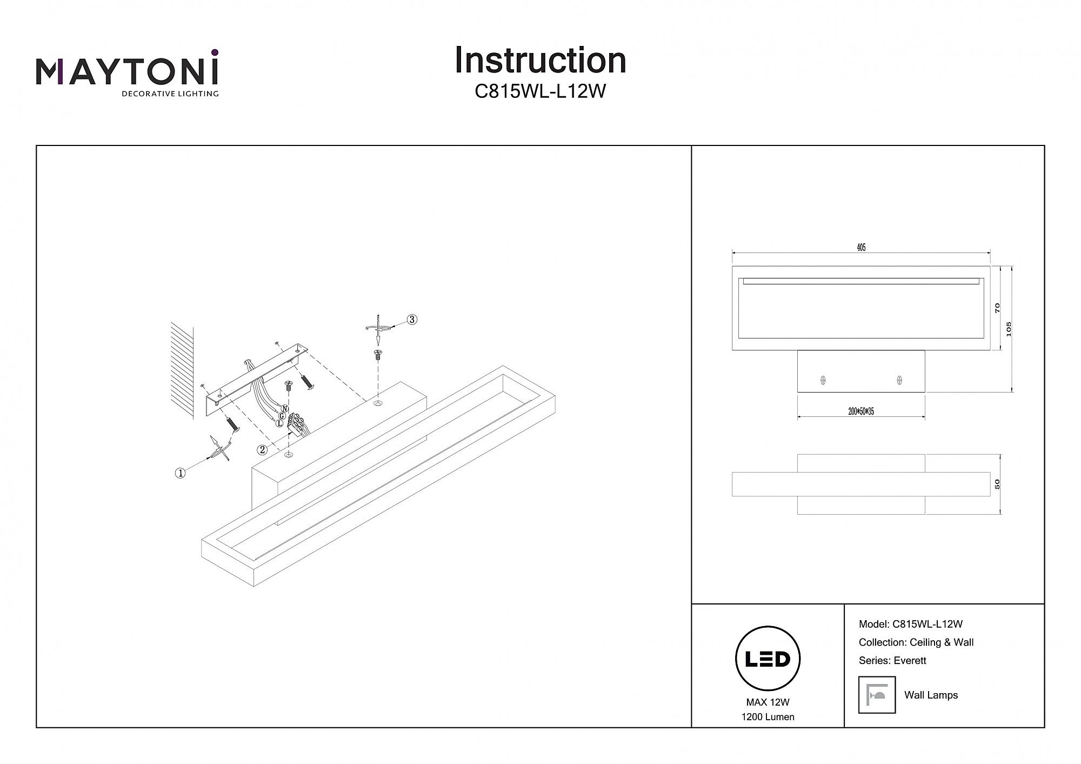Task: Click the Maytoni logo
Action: tap(127, 73)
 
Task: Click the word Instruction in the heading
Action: tap(540, 60)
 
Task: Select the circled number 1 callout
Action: tap(180, 473)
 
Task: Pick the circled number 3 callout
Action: tap(412, 320)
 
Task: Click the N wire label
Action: tap(285, 409)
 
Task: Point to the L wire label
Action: tap(279, 423)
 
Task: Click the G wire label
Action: tap(282, 416)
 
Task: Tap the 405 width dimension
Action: tap(861, 248)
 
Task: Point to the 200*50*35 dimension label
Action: tap(861, 411)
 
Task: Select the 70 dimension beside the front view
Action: tap(997, 308)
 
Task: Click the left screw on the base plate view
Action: tap(823, 380)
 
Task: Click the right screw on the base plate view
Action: tap(899, 380)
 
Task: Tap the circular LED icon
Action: tap(768, 659)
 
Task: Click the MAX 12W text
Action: tap(768, 702)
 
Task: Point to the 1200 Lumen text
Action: tap(768, 717)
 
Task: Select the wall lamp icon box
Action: tap(877, 695)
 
